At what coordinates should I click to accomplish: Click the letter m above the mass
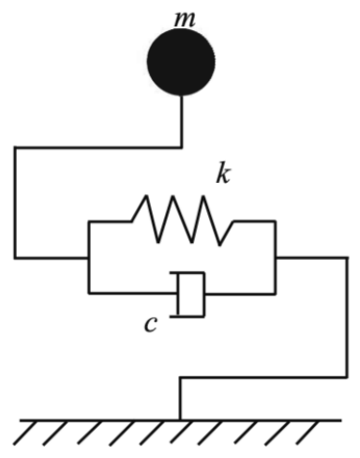(185, 20)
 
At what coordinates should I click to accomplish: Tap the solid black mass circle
(181, 62)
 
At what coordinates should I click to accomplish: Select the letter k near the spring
(223, 173)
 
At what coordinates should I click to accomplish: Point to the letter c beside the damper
(150, 325)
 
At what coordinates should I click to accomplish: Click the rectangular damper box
(191, 295)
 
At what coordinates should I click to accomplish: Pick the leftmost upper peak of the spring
(145, 196)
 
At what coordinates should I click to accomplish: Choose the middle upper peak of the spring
(172, 197)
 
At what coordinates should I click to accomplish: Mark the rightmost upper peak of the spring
(203, 197)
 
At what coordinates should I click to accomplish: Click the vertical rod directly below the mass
(182, 121)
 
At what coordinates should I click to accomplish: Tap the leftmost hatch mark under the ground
(25, 433)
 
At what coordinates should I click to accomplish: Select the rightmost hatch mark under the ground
(308, 433)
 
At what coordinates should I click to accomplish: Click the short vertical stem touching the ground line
(180, 399)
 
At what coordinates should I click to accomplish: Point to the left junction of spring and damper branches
(89, 258)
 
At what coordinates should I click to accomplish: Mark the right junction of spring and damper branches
(276, 258)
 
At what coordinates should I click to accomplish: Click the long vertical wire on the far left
(14, 203)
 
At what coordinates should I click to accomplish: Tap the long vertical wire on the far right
(347, 317)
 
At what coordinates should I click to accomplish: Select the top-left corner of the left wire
(14, 147)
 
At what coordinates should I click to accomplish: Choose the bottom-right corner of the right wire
(347, 377)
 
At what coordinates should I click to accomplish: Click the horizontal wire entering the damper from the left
(133, 294)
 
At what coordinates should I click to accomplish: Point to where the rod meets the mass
(182, 95)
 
